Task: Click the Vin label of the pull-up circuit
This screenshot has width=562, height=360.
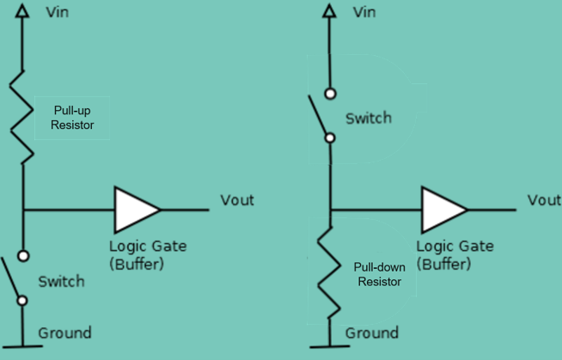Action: click(58, 12)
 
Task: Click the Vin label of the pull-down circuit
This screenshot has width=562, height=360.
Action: click(364, 12)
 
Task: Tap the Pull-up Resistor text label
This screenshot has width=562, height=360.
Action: click(72, 118)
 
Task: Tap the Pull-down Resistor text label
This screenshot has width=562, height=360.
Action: click(379, 274)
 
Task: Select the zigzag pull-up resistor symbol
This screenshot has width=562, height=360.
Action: click(22, 117)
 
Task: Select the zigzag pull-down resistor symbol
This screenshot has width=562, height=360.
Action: click(329, 272)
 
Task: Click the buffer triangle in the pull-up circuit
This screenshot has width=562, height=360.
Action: click(137, 210)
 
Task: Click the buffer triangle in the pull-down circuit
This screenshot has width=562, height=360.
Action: click(444, 210)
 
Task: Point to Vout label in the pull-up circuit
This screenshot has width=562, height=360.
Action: click(237, 200)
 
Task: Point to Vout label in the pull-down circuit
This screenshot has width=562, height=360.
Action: click(544, 200)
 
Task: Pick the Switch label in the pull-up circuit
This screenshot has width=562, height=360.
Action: click(61, 282)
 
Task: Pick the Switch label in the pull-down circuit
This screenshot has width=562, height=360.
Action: click(369, 119)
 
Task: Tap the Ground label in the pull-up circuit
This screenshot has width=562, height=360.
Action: click(64, 333)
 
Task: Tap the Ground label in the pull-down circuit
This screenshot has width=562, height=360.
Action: click(372, 333)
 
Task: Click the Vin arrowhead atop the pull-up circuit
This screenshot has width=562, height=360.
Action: click(22, 11)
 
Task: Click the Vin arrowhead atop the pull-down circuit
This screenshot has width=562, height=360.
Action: click(329, 11)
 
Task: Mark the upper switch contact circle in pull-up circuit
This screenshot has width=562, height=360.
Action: click(23, 256)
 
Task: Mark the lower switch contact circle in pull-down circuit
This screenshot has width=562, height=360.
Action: click(330, 137)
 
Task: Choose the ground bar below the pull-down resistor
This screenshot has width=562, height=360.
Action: click(330, 346)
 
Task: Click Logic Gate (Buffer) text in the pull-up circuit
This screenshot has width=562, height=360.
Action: click(148, 255)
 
